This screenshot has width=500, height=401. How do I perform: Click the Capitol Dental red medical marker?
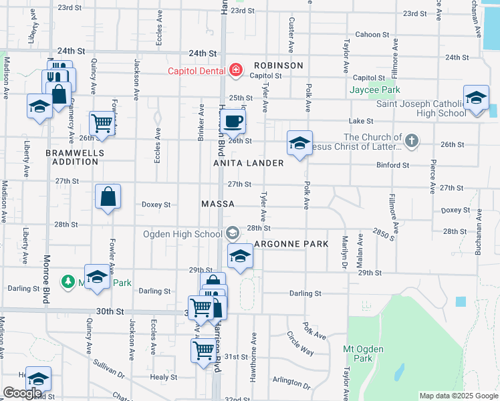coord(235,70)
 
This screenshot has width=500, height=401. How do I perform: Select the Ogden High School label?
coord(182,234)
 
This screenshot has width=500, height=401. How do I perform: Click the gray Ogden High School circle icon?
coord(233,233)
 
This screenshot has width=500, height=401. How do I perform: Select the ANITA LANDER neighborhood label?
coord(249,163)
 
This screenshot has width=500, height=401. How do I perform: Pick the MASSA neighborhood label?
coord(218,203)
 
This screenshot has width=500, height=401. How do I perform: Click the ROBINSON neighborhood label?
coord(278,65)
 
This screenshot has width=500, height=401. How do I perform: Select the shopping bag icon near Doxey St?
coord(108,196)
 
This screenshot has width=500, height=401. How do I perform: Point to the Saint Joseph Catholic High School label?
coord(420,108)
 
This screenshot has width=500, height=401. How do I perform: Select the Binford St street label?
coord(392,165)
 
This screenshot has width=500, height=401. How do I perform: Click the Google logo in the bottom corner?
coord(22,393)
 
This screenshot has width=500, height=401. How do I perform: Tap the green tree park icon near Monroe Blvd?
coord(68,282)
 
